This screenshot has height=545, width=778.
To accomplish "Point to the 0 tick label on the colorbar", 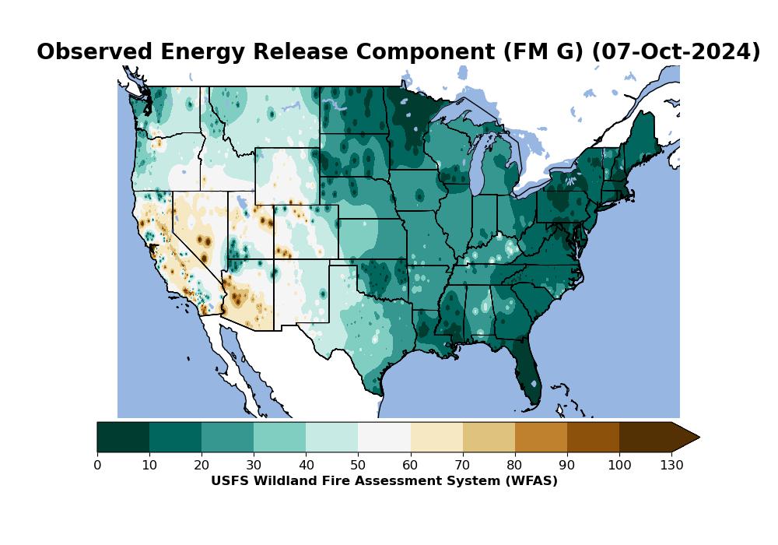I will [97, 466].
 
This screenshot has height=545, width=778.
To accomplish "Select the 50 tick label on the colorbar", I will [358, 466].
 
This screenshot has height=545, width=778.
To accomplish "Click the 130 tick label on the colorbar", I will [671, 466].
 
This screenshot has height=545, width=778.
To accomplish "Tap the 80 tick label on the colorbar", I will [515, 466].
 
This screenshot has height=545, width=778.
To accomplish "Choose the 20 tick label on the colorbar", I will [202, 466].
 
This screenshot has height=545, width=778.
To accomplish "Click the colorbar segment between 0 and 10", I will [123, 437].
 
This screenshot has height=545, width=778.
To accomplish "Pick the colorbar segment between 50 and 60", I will [384, 437].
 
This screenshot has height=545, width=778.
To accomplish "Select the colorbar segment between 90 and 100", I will [593, 437].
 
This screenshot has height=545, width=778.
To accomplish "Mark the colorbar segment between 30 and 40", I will [279, 437].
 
